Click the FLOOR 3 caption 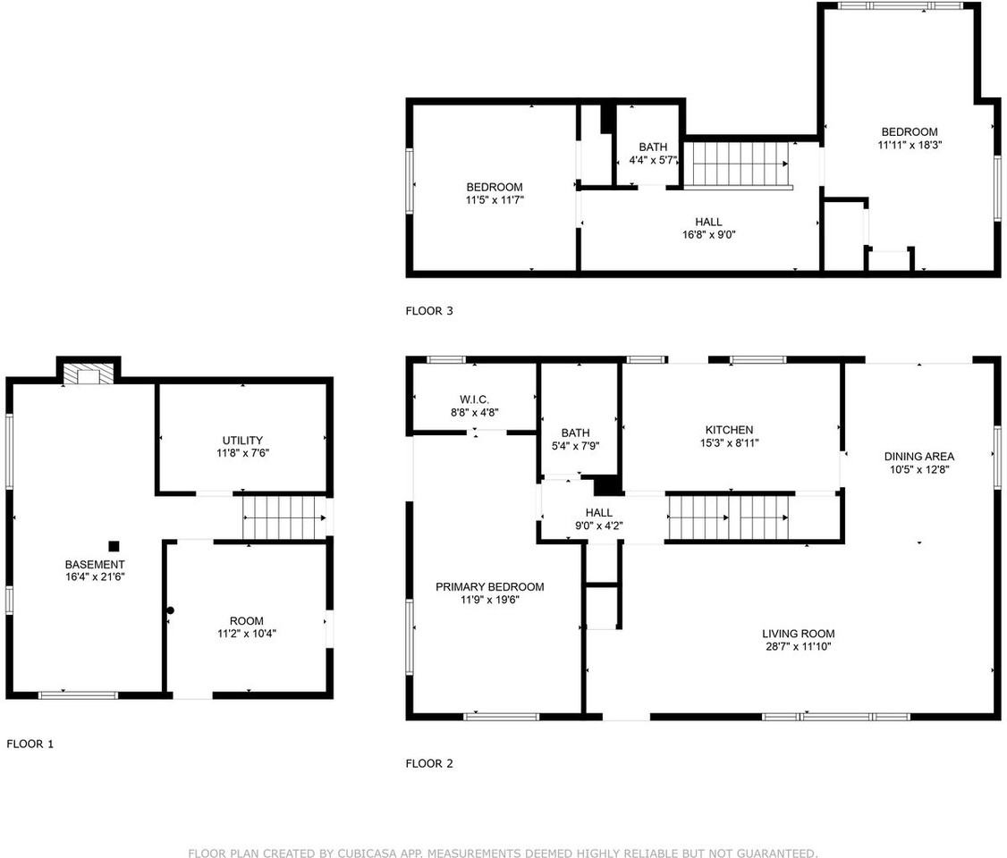click(x=429, y=311)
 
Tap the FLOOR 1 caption click(x=30, y=744)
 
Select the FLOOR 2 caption click(x=429, y=763)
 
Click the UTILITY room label click(x=242, y=440)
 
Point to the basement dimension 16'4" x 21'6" click(x=95, y=578)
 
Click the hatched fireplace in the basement click(x=89, y=375)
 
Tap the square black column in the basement click(x=114, y=546)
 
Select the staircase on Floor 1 click(x=283, y=517)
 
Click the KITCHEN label click(x=729, y=430)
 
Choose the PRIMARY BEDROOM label click(x=489, y=586)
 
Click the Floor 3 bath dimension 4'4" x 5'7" click(x=653, y=161)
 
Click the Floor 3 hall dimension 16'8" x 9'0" click(x=708, y=235)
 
